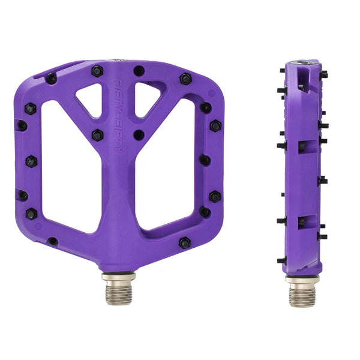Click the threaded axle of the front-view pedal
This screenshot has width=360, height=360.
pos(118,290)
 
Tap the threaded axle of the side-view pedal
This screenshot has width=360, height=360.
pos(302,293)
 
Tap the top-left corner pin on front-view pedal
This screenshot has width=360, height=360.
pos(52,78)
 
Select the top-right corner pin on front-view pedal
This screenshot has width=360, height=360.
pos(185,79)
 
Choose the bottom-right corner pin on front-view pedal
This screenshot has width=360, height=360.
pos(185,242)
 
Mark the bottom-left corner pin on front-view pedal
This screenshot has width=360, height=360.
pos(52,241)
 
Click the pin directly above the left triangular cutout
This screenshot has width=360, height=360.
pos(97,71)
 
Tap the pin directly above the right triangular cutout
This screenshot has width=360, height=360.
pos(139,71)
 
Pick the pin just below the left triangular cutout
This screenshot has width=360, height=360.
pos(97,135)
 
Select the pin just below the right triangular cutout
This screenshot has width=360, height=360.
pos(139,135)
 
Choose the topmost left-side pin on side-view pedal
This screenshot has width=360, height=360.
pos(282,70)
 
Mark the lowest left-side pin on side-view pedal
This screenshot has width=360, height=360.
pos(281,260)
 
